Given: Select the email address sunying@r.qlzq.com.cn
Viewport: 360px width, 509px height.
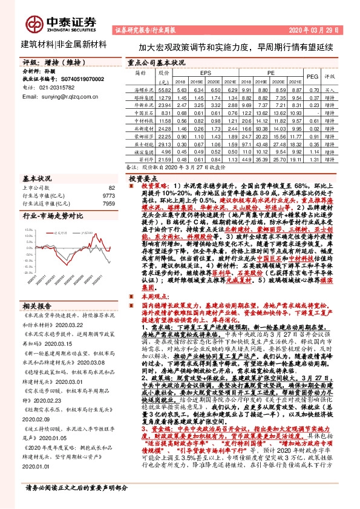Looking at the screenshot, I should click(x=57, y=96).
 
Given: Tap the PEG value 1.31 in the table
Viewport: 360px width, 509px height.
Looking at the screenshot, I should click(x=313, y=160).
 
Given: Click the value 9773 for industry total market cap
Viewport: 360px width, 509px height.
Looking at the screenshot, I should click(x=108, y=196).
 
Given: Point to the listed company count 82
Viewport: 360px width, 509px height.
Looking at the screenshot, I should click(x=111, y=188).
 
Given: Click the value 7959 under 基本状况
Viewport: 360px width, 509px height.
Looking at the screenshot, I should click(x=108, y=203).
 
